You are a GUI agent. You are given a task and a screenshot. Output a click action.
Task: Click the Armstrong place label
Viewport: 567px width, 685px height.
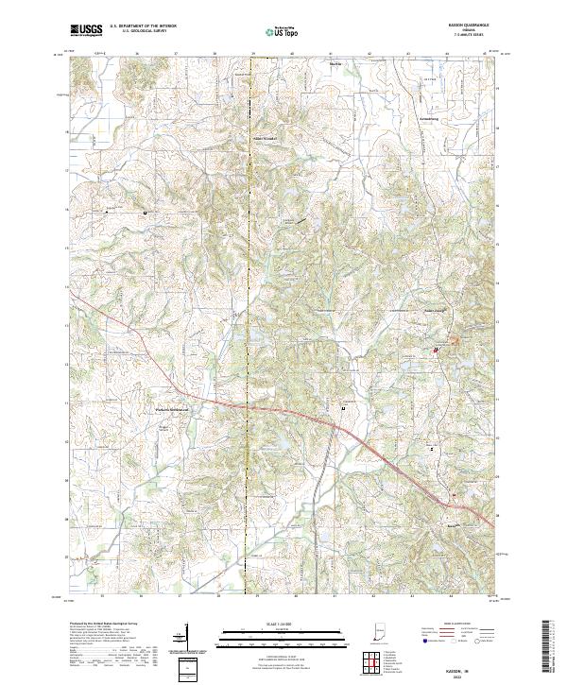[428, 120]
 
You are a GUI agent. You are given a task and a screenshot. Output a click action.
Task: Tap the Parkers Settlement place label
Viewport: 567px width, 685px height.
[172, 409]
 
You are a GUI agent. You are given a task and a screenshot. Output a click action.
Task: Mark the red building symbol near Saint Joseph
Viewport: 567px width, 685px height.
[435, 352]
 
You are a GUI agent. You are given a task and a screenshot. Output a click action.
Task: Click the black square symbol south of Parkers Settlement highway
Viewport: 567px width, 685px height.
[342, 408]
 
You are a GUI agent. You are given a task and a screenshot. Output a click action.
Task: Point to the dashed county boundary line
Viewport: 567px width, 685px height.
[251, 236]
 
